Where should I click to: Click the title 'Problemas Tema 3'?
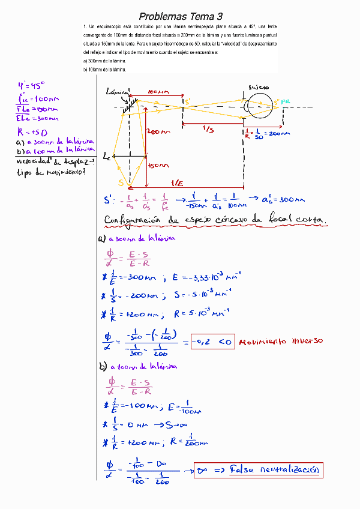pos(180,16)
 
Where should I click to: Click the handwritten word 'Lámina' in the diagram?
pos(115,93)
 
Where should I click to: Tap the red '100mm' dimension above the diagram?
pos(157,92)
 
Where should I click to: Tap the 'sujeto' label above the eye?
pos(259,87)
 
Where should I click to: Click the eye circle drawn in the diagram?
pos(259,107)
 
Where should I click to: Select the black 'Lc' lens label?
pos(107,157)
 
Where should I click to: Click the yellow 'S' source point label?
pos(121,182)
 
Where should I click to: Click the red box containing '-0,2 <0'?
pos(211,343)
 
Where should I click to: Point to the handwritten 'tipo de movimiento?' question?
pos(51,173)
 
